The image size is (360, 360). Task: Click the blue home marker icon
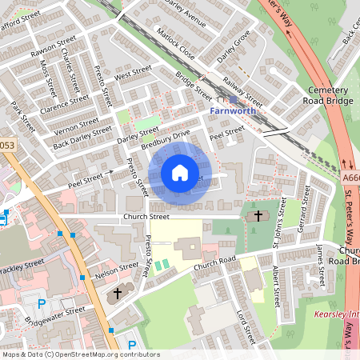pyautogui.click(x=180, y=173)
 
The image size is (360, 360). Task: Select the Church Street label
pyautogui.click(x=146, y=216)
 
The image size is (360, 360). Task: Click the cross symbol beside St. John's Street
pyautogui.click(x=258, y=215)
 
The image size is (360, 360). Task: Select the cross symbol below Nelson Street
pyautogui.click(x=118, y=293)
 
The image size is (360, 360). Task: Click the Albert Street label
pyautogui.click(x=278, y=285)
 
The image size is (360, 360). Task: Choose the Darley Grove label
pyautogui.click(x=233, y=47)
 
